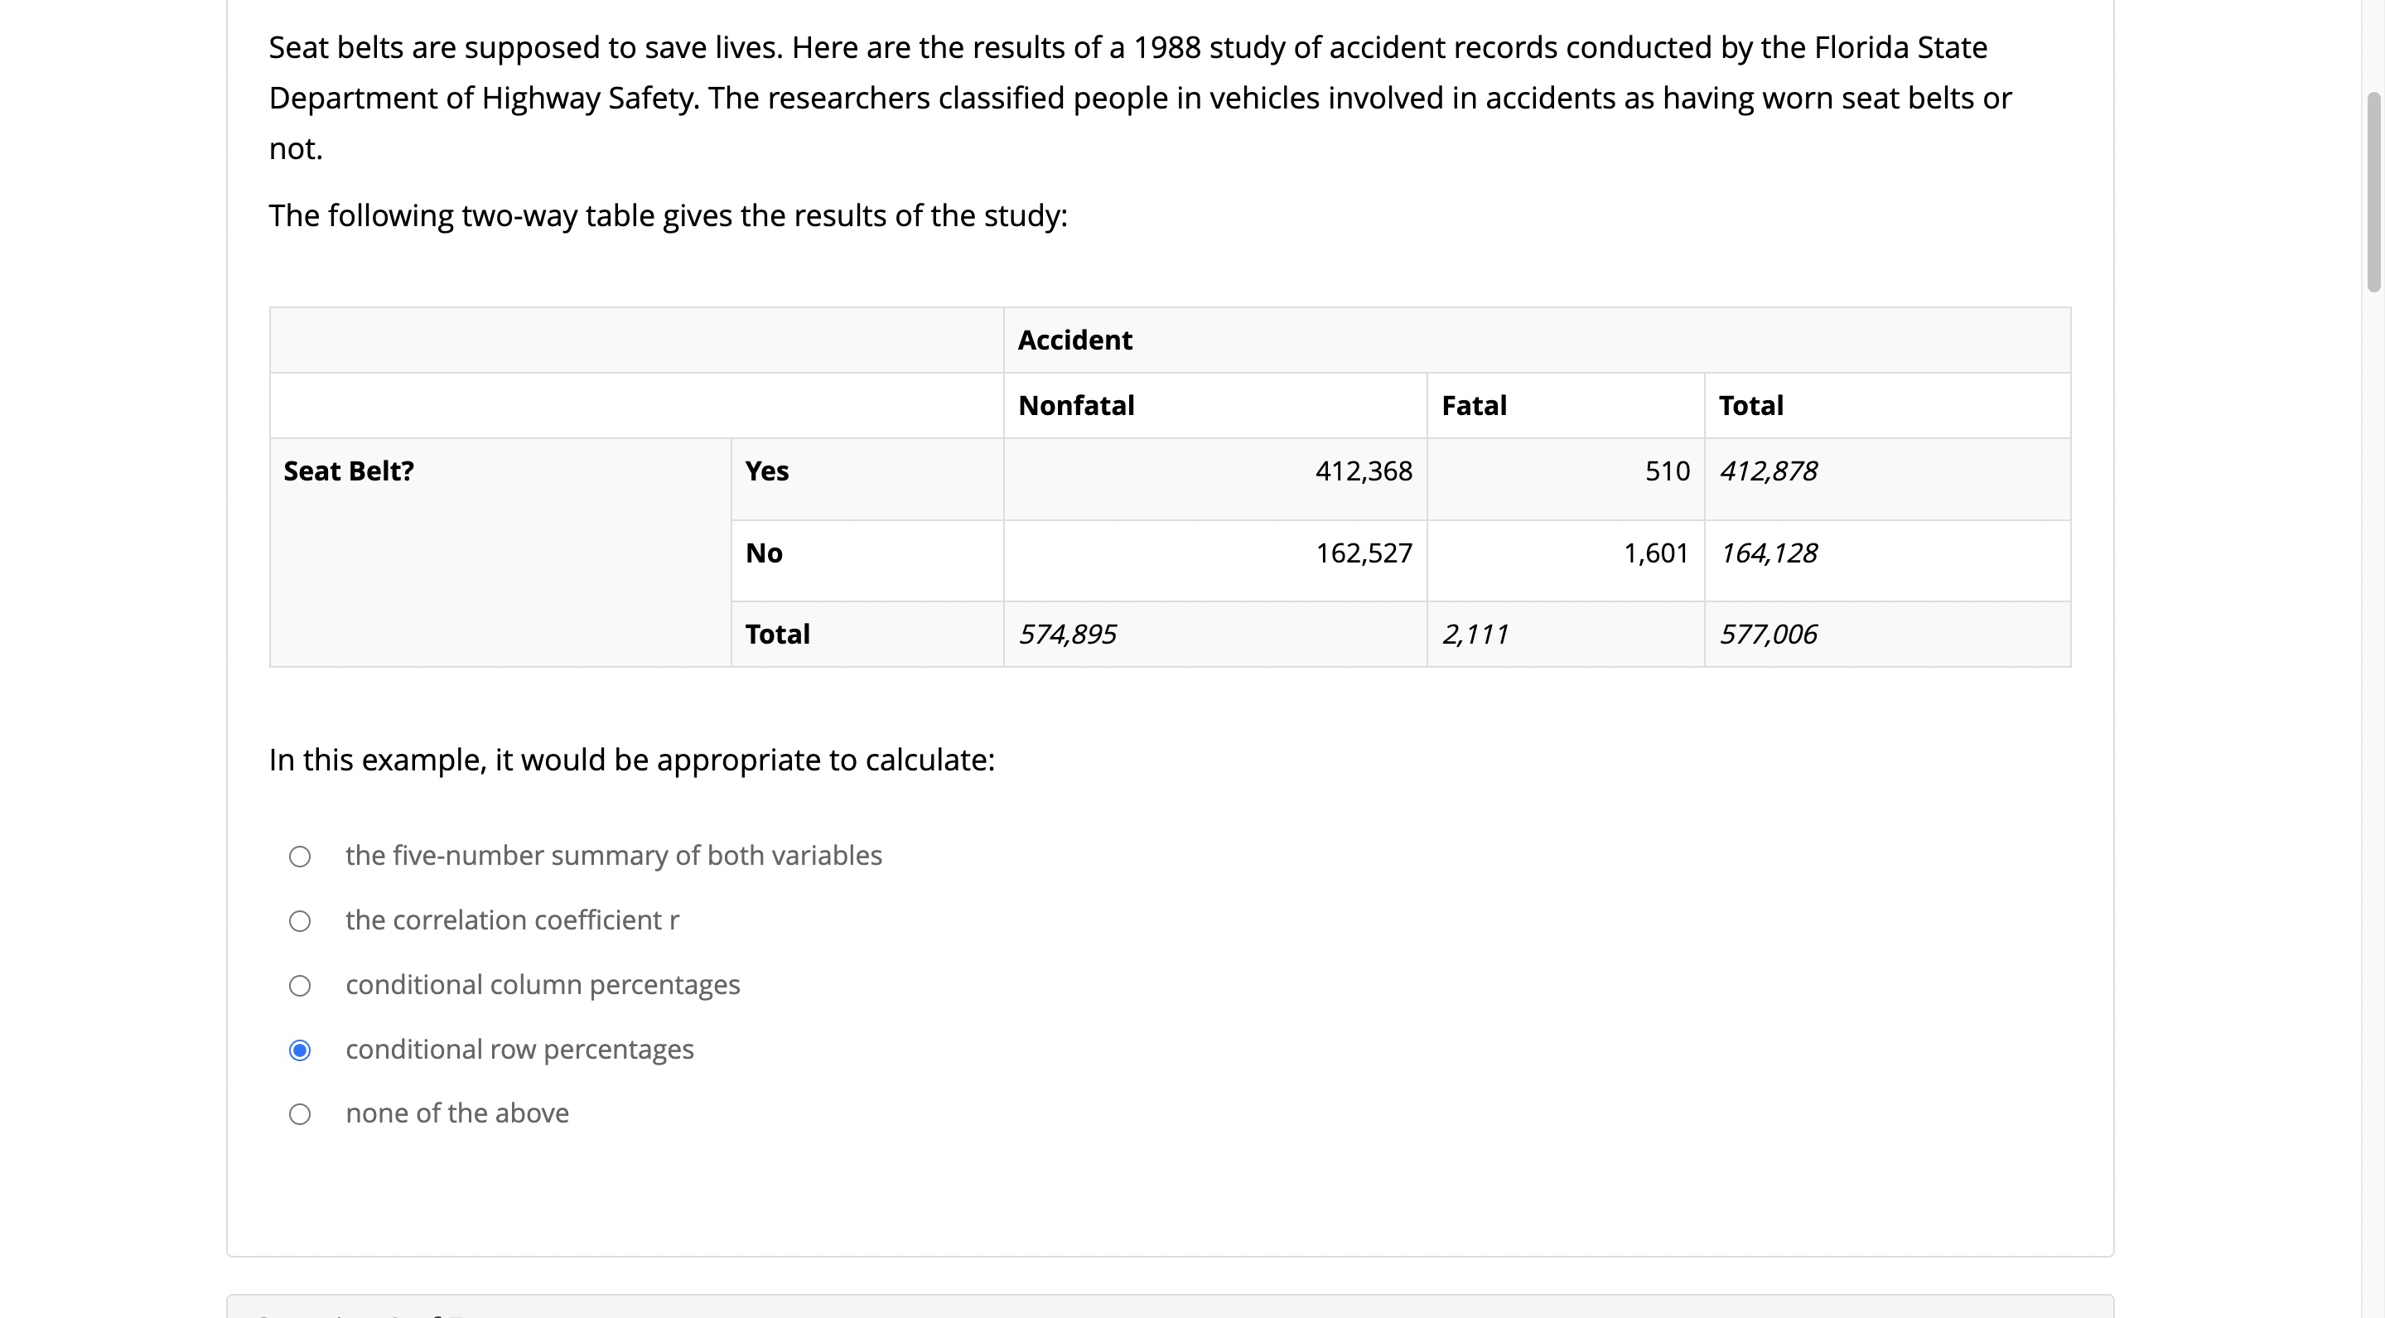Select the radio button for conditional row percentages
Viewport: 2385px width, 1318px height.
click(x=300, y=1050)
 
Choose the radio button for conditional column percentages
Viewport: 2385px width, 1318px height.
click(x=300, y=986)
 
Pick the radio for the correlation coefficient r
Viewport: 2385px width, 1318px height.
click(x=300, y=921)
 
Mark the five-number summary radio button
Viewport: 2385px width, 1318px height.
click(x=300, y=856)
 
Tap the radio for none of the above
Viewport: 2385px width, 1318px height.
click(x=300, y=1113)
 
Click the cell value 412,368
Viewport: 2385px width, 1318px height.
click(x=1363, y=471)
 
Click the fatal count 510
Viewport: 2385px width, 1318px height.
click(x=1667, y=471)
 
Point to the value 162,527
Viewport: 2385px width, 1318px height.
click(x=1363, y=553)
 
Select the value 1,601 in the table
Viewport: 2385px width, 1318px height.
click(x=1655, y=553)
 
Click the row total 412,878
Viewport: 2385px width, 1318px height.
click(x=1768, y=471)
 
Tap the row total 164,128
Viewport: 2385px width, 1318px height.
click(x=1768, y=553)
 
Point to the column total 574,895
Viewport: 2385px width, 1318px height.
click(x=1068, y=634)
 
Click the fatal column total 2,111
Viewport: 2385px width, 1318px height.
click(x=1475, y=634)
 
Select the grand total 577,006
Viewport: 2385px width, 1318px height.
click(x=1768, y=634)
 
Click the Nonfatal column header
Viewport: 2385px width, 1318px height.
click(x=1076, y=405)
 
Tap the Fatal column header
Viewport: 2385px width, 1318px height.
click(x=1474, y=405)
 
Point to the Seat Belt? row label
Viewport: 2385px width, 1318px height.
click(x=348, y=471)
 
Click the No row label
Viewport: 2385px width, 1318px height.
click(x=764, y=553)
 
